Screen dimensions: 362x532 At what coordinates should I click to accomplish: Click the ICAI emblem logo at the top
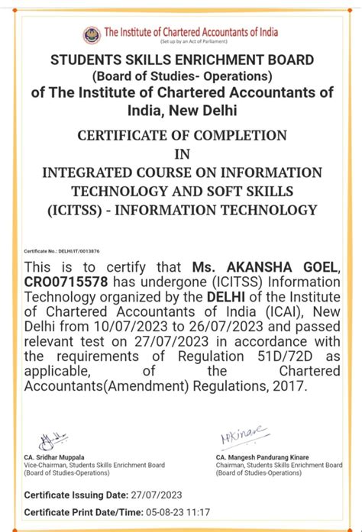[x=92, y=34]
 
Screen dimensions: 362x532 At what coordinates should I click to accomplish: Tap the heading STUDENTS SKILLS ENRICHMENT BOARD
[x=182, y=60]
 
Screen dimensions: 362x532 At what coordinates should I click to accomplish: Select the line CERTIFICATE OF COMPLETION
[x=182, y=135]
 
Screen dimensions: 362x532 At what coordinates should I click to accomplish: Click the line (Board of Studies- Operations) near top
[x=181, y=76]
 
